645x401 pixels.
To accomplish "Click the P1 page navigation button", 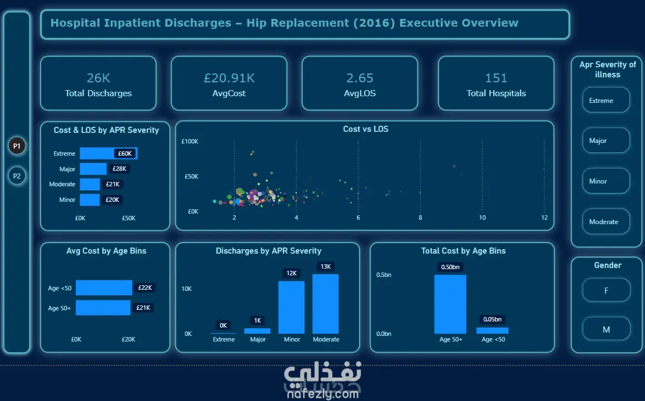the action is (17, 146).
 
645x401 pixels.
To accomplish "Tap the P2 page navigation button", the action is (17, 176).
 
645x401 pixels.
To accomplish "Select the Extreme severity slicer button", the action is (606, 100).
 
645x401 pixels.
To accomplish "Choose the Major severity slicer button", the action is (606, 140).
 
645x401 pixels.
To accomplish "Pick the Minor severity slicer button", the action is (606, 181).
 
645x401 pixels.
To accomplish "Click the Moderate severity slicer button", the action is (606, 221).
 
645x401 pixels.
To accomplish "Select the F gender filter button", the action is (606, 290).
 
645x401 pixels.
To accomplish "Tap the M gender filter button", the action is (606, 329).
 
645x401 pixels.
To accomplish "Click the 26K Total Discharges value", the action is (99, 78).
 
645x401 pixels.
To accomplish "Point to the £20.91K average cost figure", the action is (229, 78).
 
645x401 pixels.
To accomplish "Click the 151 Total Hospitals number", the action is (496, 78).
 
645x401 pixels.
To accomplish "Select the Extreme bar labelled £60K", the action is (109, 154).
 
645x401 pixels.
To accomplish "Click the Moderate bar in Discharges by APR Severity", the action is (326, 304).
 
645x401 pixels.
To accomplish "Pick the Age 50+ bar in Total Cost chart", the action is (450, 304).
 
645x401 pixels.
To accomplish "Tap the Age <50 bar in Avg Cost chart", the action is (104, 288).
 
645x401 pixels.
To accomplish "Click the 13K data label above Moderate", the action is (326, 266).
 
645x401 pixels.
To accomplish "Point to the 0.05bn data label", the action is (493, 319).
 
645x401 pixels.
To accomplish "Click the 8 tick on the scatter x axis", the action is (420, 217).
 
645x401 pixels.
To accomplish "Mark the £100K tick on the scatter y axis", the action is (190, 141).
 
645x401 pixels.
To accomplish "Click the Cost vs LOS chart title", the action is (366, 129).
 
